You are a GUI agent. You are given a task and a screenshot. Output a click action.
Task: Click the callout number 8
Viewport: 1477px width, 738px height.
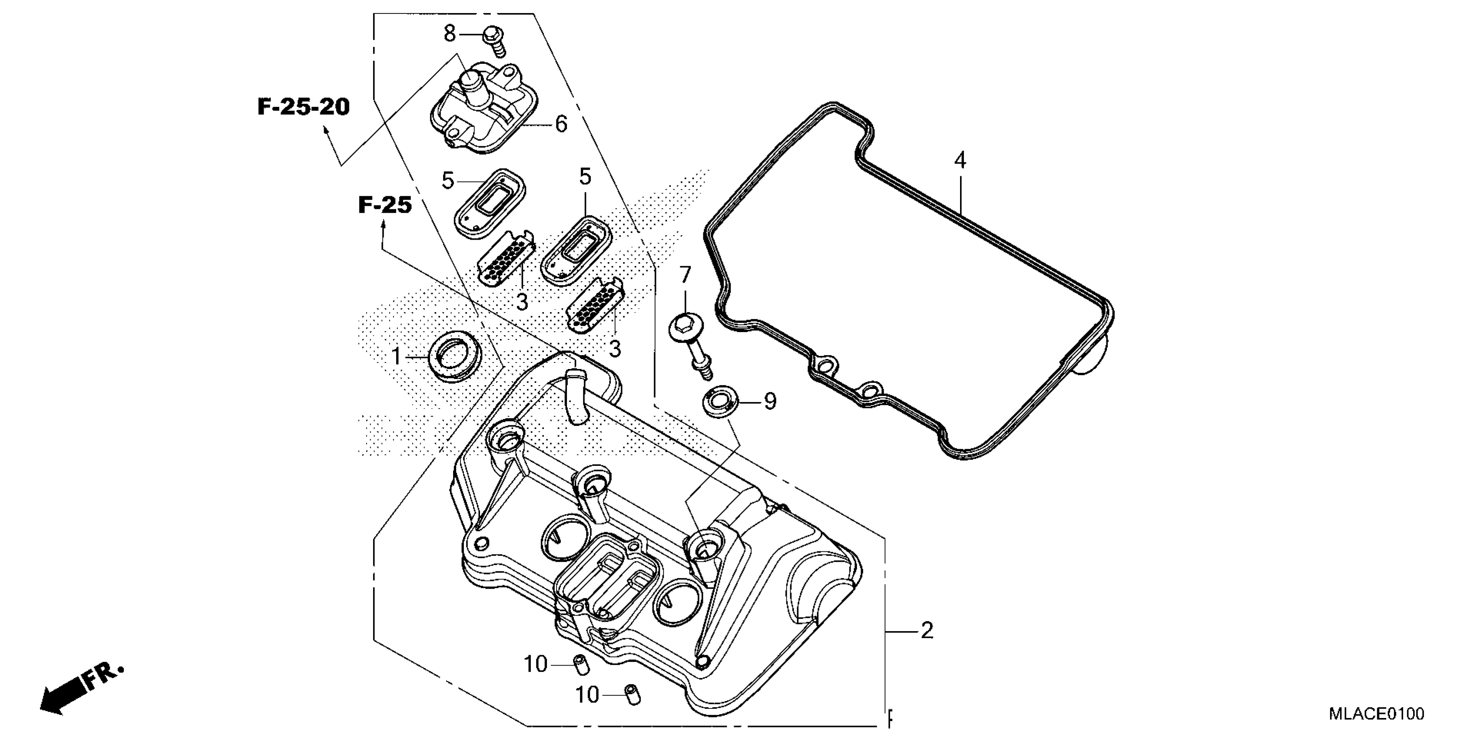pos(450,34)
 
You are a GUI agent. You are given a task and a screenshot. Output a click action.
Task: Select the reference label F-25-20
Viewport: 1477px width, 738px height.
pos(303,107)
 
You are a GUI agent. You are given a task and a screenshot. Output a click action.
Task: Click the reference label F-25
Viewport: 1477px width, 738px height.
pos(385,204)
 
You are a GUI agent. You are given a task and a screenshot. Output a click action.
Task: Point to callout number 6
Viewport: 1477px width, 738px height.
pos(561,124)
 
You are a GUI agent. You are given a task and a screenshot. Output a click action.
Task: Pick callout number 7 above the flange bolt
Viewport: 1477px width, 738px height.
pos(685,276)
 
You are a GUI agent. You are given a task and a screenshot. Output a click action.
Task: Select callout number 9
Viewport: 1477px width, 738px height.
pos(769,401)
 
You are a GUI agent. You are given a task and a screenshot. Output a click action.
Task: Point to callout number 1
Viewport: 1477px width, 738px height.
pos(396,357)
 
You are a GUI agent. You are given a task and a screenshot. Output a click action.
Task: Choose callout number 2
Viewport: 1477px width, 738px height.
pos(927,631)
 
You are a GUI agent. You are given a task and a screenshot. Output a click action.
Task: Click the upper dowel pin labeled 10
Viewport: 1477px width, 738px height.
pos(580,665)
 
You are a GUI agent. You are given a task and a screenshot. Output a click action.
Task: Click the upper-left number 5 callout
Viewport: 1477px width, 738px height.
pos(448,181)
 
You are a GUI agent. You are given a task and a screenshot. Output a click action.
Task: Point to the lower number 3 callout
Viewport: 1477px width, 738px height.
pos(615,348)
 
